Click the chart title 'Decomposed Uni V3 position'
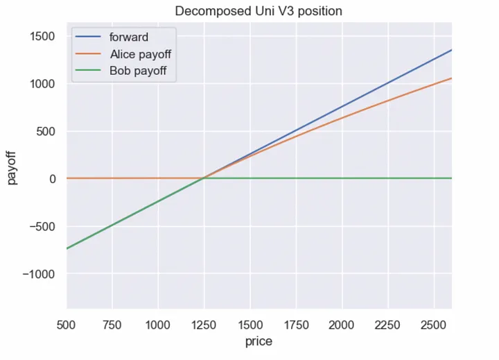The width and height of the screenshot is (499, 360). [259, 11]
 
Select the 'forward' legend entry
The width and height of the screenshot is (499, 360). [128, 37]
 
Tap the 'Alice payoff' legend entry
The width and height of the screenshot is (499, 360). [140, 53]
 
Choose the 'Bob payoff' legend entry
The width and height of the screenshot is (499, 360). [137, 70]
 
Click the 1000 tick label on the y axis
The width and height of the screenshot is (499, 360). [43, 84]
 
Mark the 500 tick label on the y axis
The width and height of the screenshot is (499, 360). [46, 131]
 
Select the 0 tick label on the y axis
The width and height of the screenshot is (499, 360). [52, 179]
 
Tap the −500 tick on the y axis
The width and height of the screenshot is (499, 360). [43, 226]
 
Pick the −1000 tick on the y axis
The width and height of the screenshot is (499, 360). [40, 274]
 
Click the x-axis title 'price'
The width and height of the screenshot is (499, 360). [259, 341]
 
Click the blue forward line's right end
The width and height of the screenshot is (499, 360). [451, 50]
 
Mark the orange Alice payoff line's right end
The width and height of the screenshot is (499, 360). [451, 78]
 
